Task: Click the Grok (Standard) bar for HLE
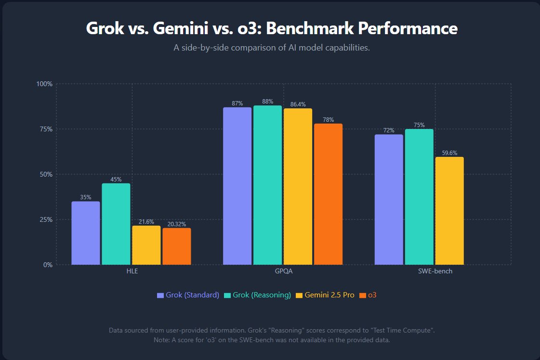86,233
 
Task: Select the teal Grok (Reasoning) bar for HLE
116,224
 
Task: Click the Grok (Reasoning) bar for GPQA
267,185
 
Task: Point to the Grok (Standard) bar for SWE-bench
389,199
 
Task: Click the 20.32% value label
176,224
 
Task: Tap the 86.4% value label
298,104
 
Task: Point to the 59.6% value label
449,153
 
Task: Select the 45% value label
116,180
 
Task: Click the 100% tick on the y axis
44,84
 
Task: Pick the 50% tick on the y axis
46,174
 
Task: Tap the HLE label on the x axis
131,271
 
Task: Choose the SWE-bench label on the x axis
435,271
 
